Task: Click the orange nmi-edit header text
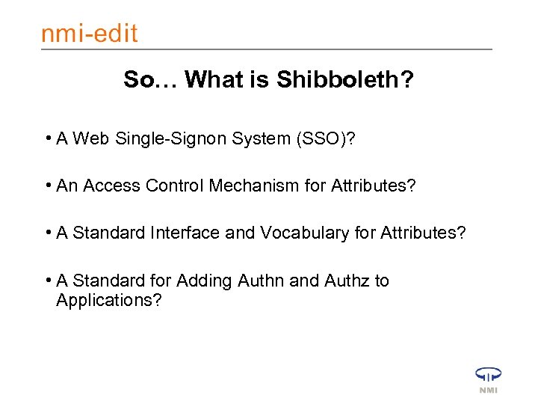89,34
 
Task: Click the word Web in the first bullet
91,139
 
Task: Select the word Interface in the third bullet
188,233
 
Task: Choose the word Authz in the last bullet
347,281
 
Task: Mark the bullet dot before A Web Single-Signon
47,139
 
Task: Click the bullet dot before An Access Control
47,186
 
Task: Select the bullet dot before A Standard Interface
47,233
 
